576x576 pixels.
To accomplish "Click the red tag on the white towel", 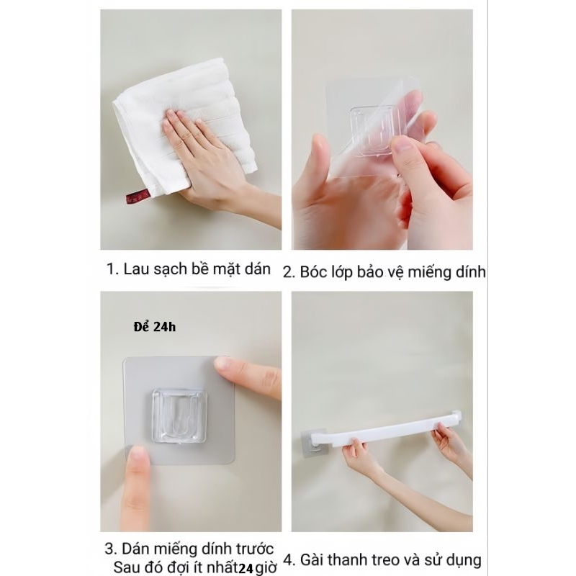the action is (x=138, y=197).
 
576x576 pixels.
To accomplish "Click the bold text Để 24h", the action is (x=155, y=327).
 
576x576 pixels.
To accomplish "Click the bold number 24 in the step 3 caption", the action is (x=246, y=569).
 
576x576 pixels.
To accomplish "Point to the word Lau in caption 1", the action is (x=136, y=269).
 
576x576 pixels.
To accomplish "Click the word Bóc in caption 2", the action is (x=313, y=272).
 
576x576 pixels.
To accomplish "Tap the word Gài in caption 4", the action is (x=312, y=560).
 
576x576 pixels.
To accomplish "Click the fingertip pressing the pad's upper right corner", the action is (x=223, y=364).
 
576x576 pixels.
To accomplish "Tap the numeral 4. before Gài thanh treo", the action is (x=289, y=560).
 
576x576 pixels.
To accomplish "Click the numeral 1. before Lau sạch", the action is (x=113, y=269).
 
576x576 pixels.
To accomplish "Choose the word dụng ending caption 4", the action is (x=464, y=561).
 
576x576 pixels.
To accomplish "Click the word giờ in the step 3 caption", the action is (x=266, y=568).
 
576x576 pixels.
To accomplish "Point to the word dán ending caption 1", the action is (x=258, y=269).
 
